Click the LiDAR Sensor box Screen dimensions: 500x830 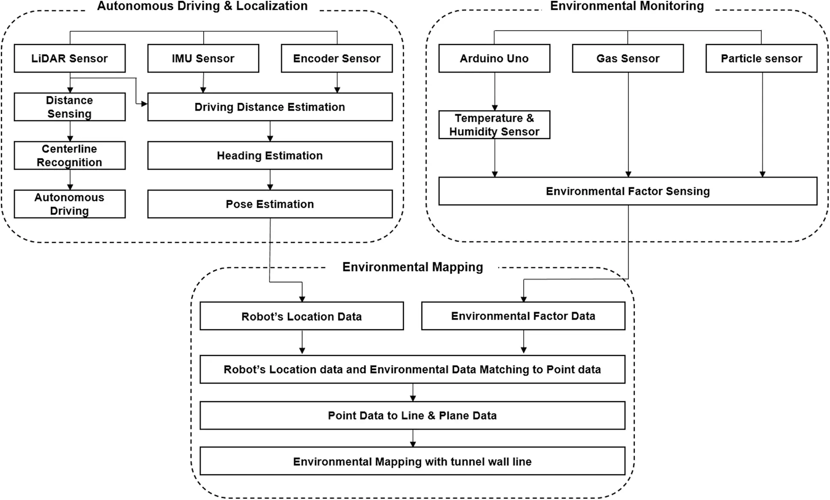[70, 59]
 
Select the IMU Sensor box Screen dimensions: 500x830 [203, 59]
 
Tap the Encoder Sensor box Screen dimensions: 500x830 [337, 59]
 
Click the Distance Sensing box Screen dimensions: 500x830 [70, 107]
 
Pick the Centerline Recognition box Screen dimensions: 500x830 [70, 156]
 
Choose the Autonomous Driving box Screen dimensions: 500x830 [70, 204]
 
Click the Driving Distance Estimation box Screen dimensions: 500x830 [270, 107]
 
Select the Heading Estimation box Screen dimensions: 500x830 [270, 156]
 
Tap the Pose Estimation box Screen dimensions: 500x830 [270, 204]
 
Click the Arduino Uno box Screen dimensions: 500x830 [494, 59]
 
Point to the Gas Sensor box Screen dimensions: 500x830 [628, 59]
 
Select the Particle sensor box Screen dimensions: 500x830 [761, 59]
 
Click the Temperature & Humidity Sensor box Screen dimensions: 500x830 [494, 125]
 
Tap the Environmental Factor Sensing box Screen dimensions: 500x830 [628, 191]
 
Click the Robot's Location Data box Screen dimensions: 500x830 [302, 317]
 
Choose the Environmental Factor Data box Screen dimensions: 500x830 [523, 316]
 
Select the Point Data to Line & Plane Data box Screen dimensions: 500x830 [412, 415]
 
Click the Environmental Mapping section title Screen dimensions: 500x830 [412, 267]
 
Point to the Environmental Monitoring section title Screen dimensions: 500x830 [627, 6]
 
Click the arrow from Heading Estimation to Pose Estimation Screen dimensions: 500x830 [270, 180]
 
